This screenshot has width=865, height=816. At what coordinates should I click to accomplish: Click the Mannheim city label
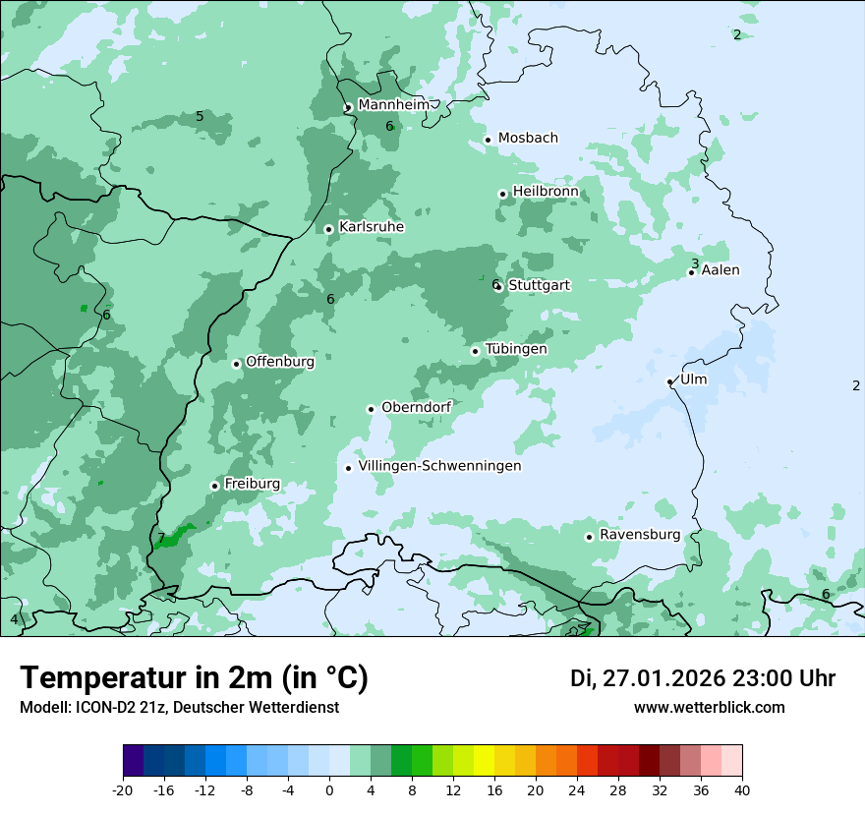[x=393, y=105]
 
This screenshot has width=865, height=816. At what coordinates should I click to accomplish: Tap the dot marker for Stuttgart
[x=499, y=286]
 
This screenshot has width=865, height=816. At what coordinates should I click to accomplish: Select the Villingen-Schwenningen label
[x=439, y=466]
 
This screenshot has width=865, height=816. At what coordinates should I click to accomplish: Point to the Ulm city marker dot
[x=670, y=381]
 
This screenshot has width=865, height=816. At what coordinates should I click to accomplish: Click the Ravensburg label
[x=639, y=535]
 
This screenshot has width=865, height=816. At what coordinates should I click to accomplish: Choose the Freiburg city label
[x=252, y=484]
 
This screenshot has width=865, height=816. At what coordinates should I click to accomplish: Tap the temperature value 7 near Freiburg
[x=161, y=538]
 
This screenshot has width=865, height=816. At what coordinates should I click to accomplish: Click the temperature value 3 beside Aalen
[x=695, y=263]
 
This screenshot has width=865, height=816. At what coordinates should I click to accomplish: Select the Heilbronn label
[x=546, y=192]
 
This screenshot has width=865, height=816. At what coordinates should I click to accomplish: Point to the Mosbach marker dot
[x=488, y=140]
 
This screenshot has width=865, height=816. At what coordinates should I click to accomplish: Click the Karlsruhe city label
[x=372, y=227]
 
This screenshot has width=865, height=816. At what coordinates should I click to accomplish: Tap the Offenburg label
[x=280, y=362]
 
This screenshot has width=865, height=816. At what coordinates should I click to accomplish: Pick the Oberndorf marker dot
[x=371, y=409]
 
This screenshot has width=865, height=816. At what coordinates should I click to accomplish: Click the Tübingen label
[x=516, y=349]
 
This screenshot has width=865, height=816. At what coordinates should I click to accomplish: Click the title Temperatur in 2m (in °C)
[x=194, y=678]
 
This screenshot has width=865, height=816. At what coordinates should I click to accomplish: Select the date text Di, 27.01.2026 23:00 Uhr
[x=703, y=678]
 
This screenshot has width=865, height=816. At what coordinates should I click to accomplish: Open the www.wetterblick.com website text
[x=709, y=708]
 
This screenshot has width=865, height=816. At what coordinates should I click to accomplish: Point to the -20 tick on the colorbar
[x=123, y=790]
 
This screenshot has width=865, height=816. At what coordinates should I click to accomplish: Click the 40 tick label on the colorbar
[x=742, y=790]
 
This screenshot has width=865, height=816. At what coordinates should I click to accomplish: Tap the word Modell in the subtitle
[x=44, y=708]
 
